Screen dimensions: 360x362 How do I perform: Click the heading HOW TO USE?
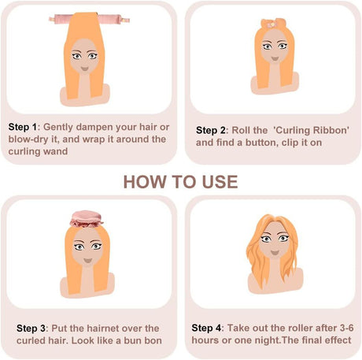[180, 182]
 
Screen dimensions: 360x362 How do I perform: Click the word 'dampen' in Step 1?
[97, 126]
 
